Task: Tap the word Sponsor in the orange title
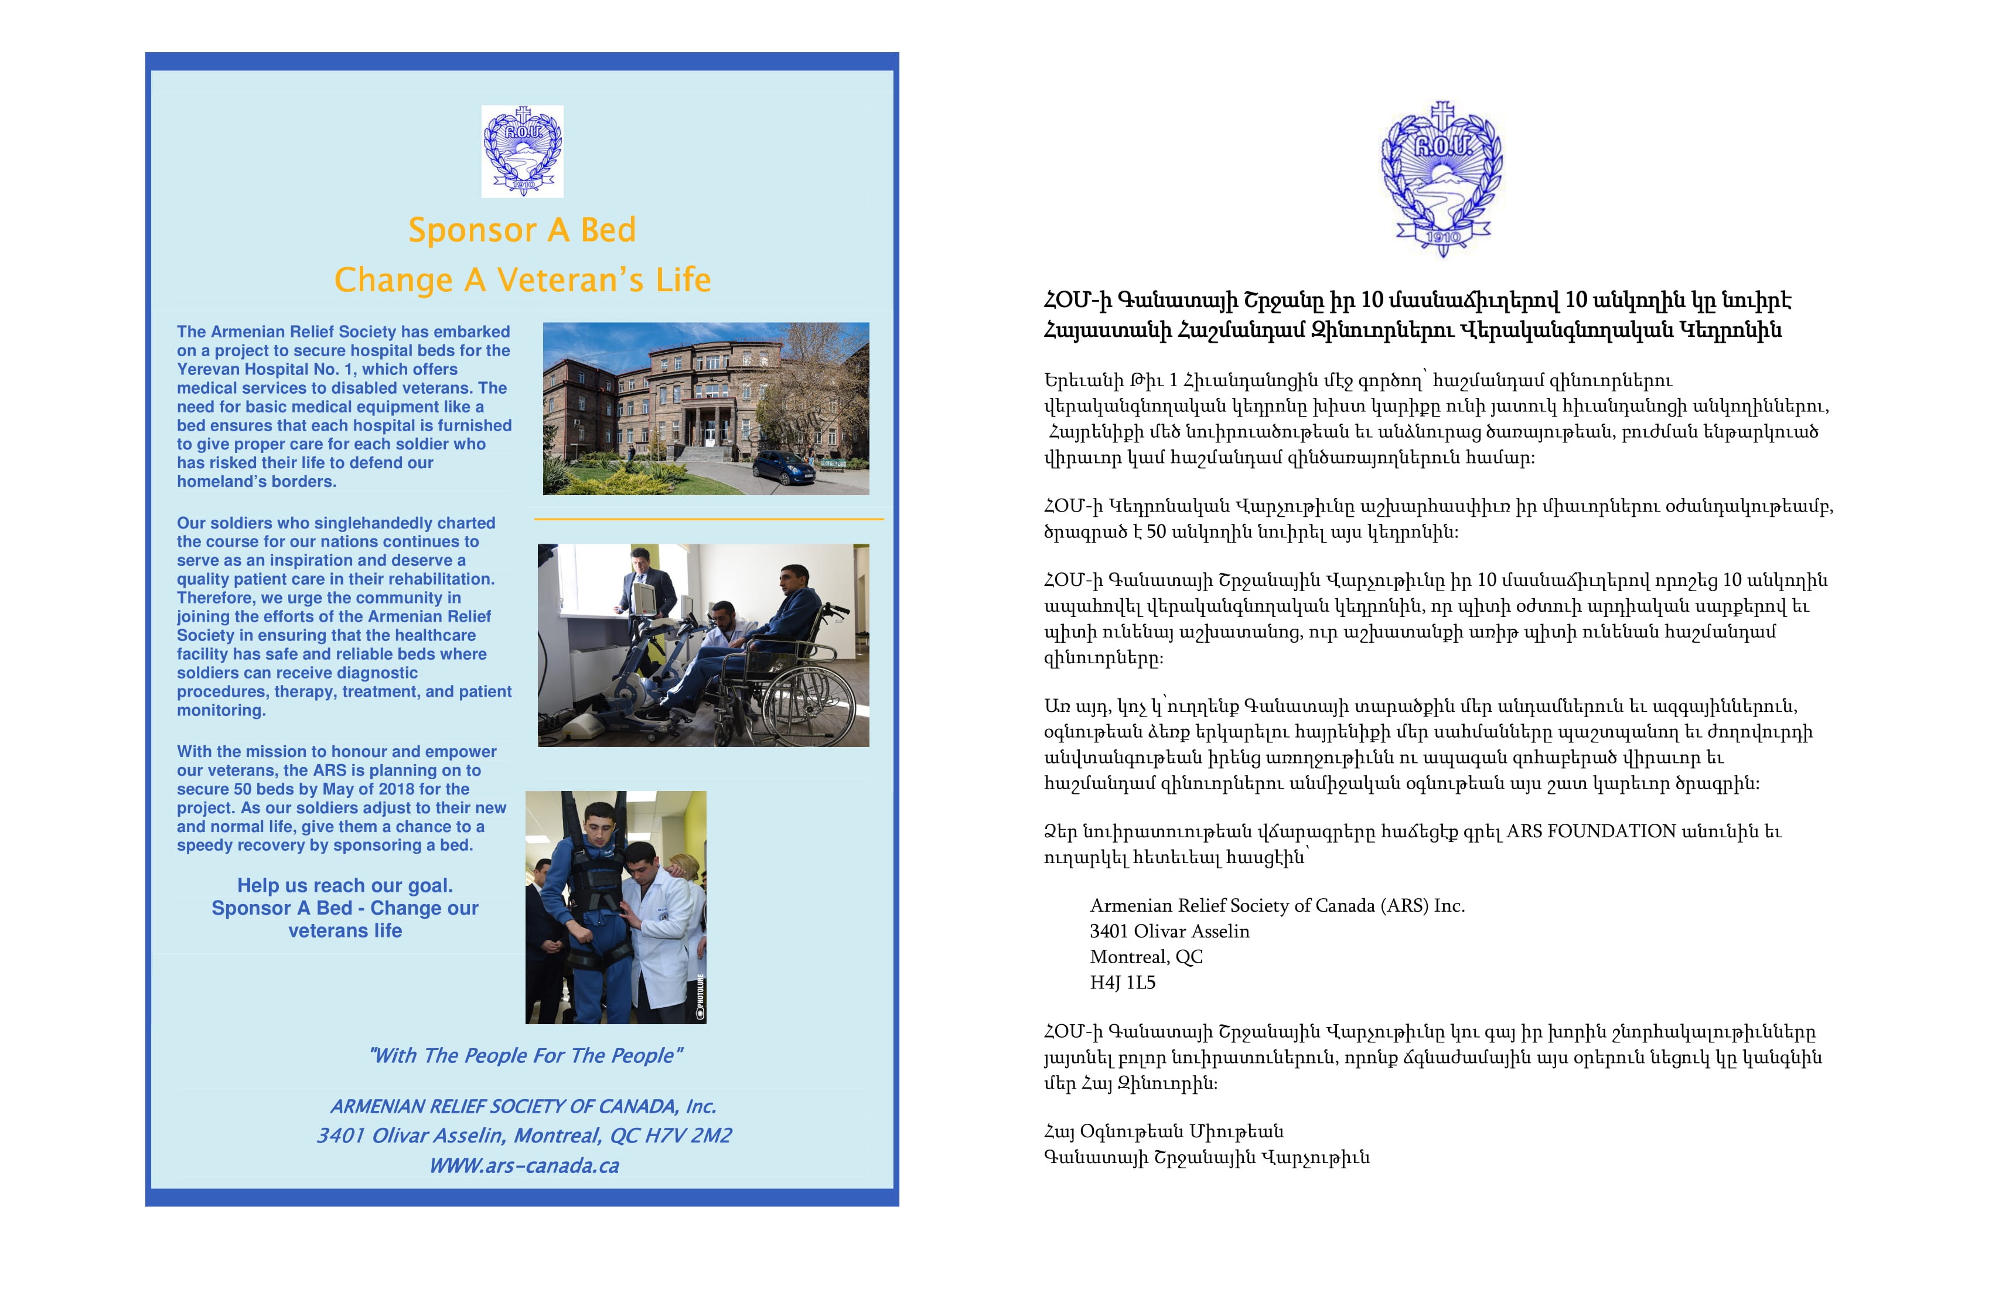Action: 472,230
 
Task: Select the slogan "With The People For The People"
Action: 526,1055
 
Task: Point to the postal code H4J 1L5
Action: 1123,983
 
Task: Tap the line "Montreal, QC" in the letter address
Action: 1146,957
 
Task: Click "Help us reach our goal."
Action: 345,885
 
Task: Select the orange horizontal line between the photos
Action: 708,519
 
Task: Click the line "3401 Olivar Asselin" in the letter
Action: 1169,931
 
